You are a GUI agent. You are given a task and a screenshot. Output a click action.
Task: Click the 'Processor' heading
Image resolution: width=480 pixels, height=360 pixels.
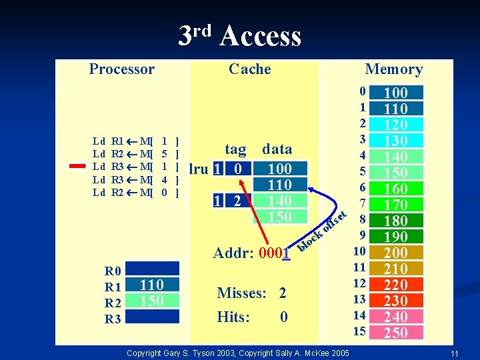121,69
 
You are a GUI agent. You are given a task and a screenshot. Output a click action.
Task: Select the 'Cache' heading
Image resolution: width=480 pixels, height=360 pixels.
249,69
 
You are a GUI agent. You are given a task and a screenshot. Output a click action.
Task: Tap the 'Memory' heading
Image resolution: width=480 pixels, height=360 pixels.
393,69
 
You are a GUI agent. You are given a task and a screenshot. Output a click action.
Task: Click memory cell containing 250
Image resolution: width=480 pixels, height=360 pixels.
396,333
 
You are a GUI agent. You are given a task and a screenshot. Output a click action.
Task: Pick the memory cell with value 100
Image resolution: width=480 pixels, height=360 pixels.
396,93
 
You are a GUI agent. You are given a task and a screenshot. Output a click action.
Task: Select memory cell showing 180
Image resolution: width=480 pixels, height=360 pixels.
396,221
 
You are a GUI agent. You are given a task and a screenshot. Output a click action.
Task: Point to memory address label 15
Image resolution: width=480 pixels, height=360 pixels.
360,331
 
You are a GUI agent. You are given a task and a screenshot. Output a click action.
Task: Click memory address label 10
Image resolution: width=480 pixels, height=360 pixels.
360,251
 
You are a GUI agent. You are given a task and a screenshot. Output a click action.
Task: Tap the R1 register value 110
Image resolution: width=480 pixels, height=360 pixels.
152,285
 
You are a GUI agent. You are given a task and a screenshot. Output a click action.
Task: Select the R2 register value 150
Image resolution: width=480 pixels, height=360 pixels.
152,301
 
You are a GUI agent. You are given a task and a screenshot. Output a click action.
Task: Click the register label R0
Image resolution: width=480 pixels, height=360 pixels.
113,271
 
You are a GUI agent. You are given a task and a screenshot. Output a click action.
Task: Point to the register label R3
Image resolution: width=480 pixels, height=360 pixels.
113,319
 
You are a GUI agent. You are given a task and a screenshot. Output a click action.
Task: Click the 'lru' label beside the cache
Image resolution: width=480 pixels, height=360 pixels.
199,169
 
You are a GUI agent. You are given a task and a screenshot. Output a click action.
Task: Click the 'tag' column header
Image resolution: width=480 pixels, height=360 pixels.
235,149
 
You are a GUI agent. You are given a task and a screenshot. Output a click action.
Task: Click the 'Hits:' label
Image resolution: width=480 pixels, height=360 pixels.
233,317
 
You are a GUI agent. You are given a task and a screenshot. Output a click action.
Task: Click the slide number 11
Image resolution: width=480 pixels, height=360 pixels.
453,353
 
